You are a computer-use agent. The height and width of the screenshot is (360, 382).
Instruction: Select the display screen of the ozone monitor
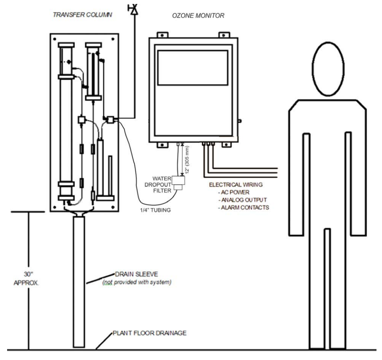192,67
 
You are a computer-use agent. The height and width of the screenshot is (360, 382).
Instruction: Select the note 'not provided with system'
136,282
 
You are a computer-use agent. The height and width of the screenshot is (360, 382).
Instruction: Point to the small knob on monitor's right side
239,121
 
